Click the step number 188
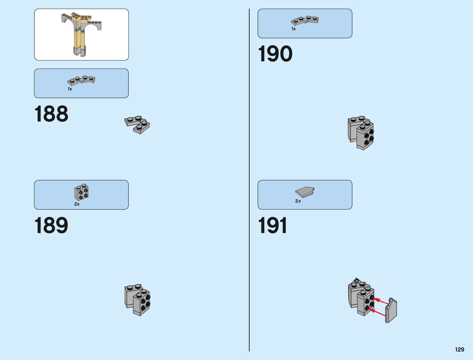tap(51, 114)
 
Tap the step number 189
tap(51, 225)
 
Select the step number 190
tap(275, 54)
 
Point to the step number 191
tap(273, 225)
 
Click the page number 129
tap(459, 350)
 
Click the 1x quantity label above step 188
tap(70, 89)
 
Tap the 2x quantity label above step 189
tap(77, 204)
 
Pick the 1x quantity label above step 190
tap(293, 29)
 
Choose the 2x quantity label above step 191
tap(298, 201)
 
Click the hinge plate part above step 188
tap(81, 80)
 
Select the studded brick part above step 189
tap(81, 192)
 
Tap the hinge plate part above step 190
tap(305, 20)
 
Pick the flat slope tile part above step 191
tap(305, 192)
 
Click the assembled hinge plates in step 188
tap(138, 124)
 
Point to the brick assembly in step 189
tap(138, 300)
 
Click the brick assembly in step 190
tap(361, 133)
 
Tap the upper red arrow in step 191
tap(380, 301)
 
